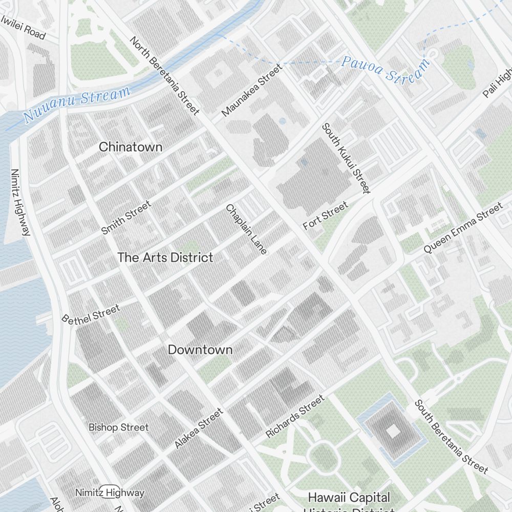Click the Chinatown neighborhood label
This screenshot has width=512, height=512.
[131, 147]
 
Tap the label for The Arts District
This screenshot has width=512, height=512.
[165, 258]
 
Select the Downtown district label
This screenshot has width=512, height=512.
[200, 350]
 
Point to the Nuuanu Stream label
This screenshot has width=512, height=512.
[77, 104]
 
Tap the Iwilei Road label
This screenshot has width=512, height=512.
[23, 28]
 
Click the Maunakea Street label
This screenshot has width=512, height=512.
[252, 90]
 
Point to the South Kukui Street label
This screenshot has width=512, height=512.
[346, 158]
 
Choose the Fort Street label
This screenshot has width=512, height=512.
[325, 216]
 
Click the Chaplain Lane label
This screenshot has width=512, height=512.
[246, 229]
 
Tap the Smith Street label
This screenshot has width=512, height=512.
[126, 218]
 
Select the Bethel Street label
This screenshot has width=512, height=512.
[91, 314]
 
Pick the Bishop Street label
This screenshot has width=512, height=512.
[118, 427]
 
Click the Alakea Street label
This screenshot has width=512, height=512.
[199, 428]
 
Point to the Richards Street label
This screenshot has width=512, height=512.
[295, 416]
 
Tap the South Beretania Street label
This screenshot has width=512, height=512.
[451, 436]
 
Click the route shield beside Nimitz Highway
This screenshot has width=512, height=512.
[110, 491]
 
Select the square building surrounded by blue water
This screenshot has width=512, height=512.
[393, 432]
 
